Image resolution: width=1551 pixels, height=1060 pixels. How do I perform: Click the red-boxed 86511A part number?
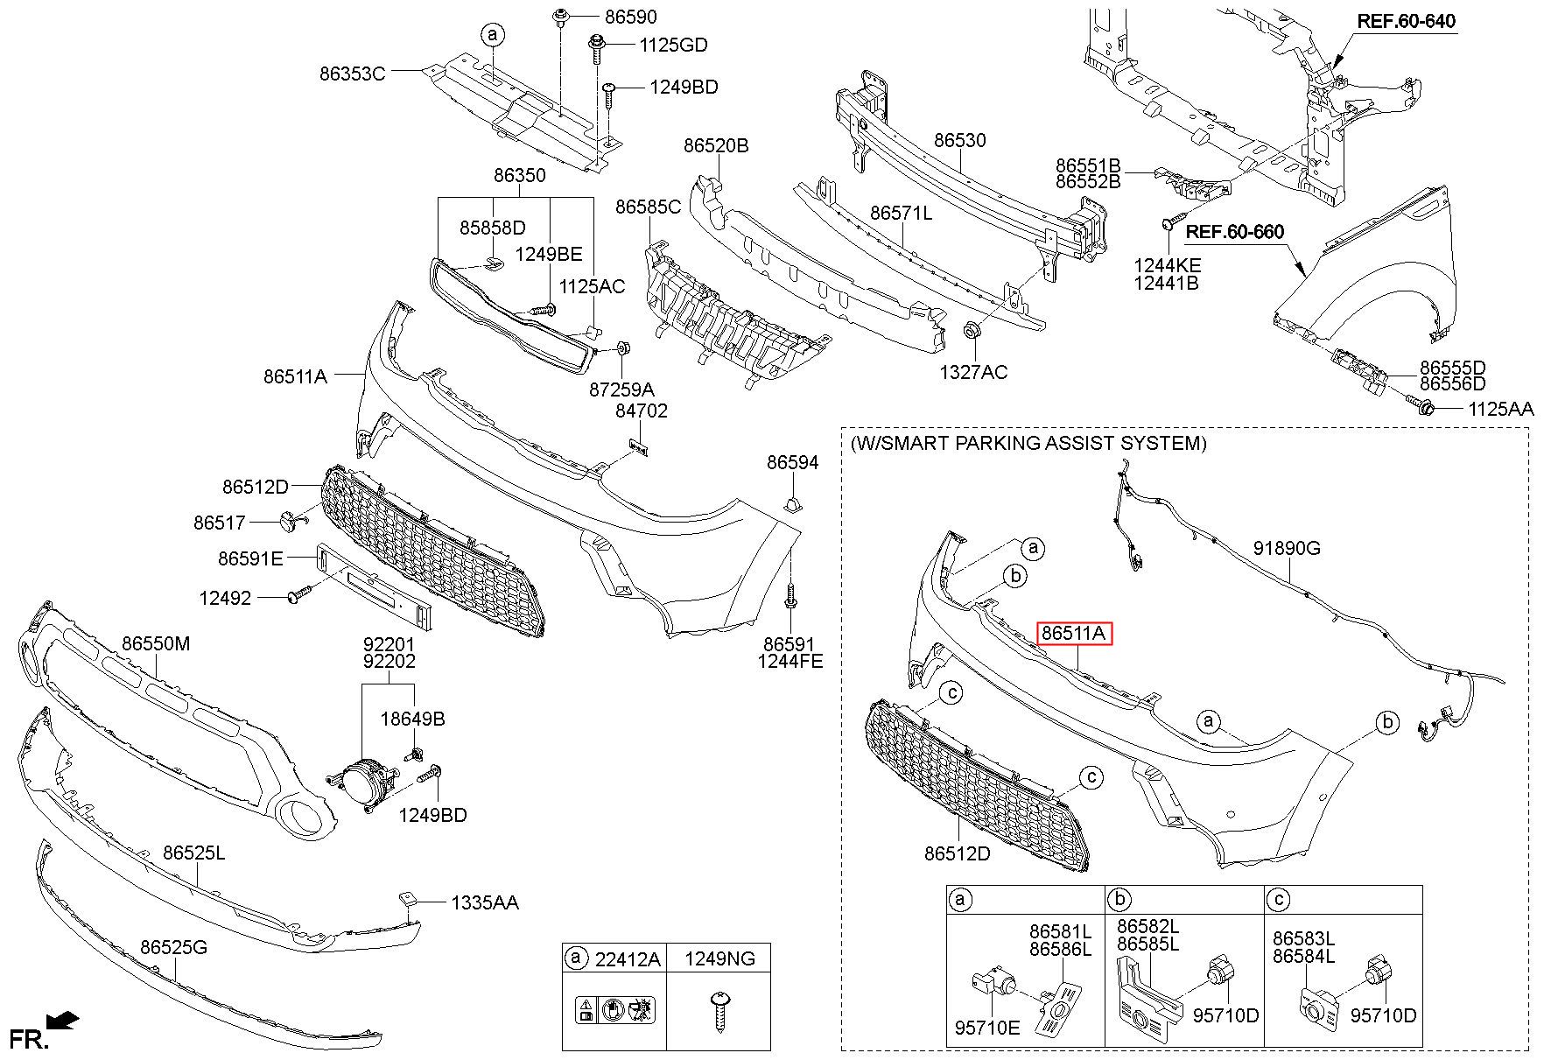click(1073, 633)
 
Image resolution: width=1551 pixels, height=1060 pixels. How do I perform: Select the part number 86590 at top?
click(629, 17)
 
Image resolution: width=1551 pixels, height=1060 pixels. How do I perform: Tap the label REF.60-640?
click(1407, 20)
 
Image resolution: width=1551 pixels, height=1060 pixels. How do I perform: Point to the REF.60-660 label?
click(1235, 232)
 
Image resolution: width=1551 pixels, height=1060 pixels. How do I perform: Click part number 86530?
click(959, 140)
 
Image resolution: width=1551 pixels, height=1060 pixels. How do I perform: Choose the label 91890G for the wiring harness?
click(1287, 548)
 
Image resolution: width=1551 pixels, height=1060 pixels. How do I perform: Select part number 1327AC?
click(973, 372)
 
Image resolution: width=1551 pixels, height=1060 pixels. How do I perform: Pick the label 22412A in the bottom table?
click(627, 959)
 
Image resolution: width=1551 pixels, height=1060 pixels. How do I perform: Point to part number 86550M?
click(156, 643)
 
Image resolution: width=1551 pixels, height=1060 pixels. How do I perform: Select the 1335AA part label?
click(485, 902)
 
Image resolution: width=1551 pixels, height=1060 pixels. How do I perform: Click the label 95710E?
click(987, 1028)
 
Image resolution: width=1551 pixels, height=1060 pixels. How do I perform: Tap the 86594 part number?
click(793, 462)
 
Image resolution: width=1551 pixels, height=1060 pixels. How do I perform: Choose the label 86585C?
click(648, 207)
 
